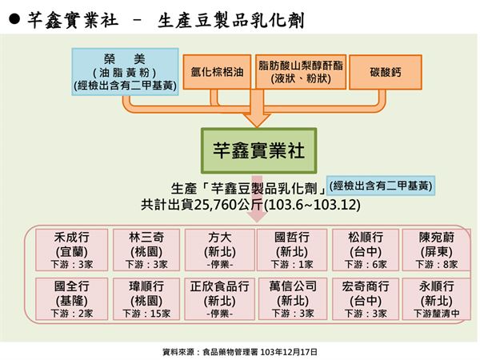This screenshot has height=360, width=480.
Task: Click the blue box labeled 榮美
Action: (x=126, y=72)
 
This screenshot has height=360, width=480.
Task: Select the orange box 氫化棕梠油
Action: (x=217, y=72)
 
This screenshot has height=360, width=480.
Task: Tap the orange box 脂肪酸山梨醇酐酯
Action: (x=301, y=72)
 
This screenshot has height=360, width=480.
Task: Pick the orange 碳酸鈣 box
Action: (x=386, y=72)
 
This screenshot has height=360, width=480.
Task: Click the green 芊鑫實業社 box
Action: (x=258, y=150)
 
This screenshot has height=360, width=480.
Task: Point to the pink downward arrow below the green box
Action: (x=257, y=198)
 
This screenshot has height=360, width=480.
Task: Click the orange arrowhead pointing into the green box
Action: (x=257, y=120)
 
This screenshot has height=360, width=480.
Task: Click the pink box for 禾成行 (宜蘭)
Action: (x=72, y=250)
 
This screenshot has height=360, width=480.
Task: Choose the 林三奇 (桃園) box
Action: (x=146, y=250)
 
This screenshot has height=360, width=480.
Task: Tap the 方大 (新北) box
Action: (x=220, y=250)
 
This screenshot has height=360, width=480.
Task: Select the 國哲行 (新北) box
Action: (x=292, y=250)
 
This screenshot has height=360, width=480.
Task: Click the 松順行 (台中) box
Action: (x=366, y=250)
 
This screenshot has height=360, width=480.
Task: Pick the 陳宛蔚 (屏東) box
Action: (x=436, y=250)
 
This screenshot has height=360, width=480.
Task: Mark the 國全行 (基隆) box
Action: (x=72, y=298)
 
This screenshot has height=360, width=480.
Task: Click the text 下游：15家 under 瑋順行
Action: (x=146, y=314)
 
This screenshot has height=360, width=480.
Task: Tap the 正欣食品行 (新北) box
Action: (x=220, y=298)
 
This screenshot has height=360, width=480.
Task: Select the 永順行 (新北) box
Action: (x=436, y=298)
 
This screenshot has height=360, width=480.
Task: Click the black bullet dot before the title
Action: (x=14, y=19)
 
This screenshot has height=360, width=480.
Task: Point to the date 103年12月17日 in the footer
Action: (x=289, y=352)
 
